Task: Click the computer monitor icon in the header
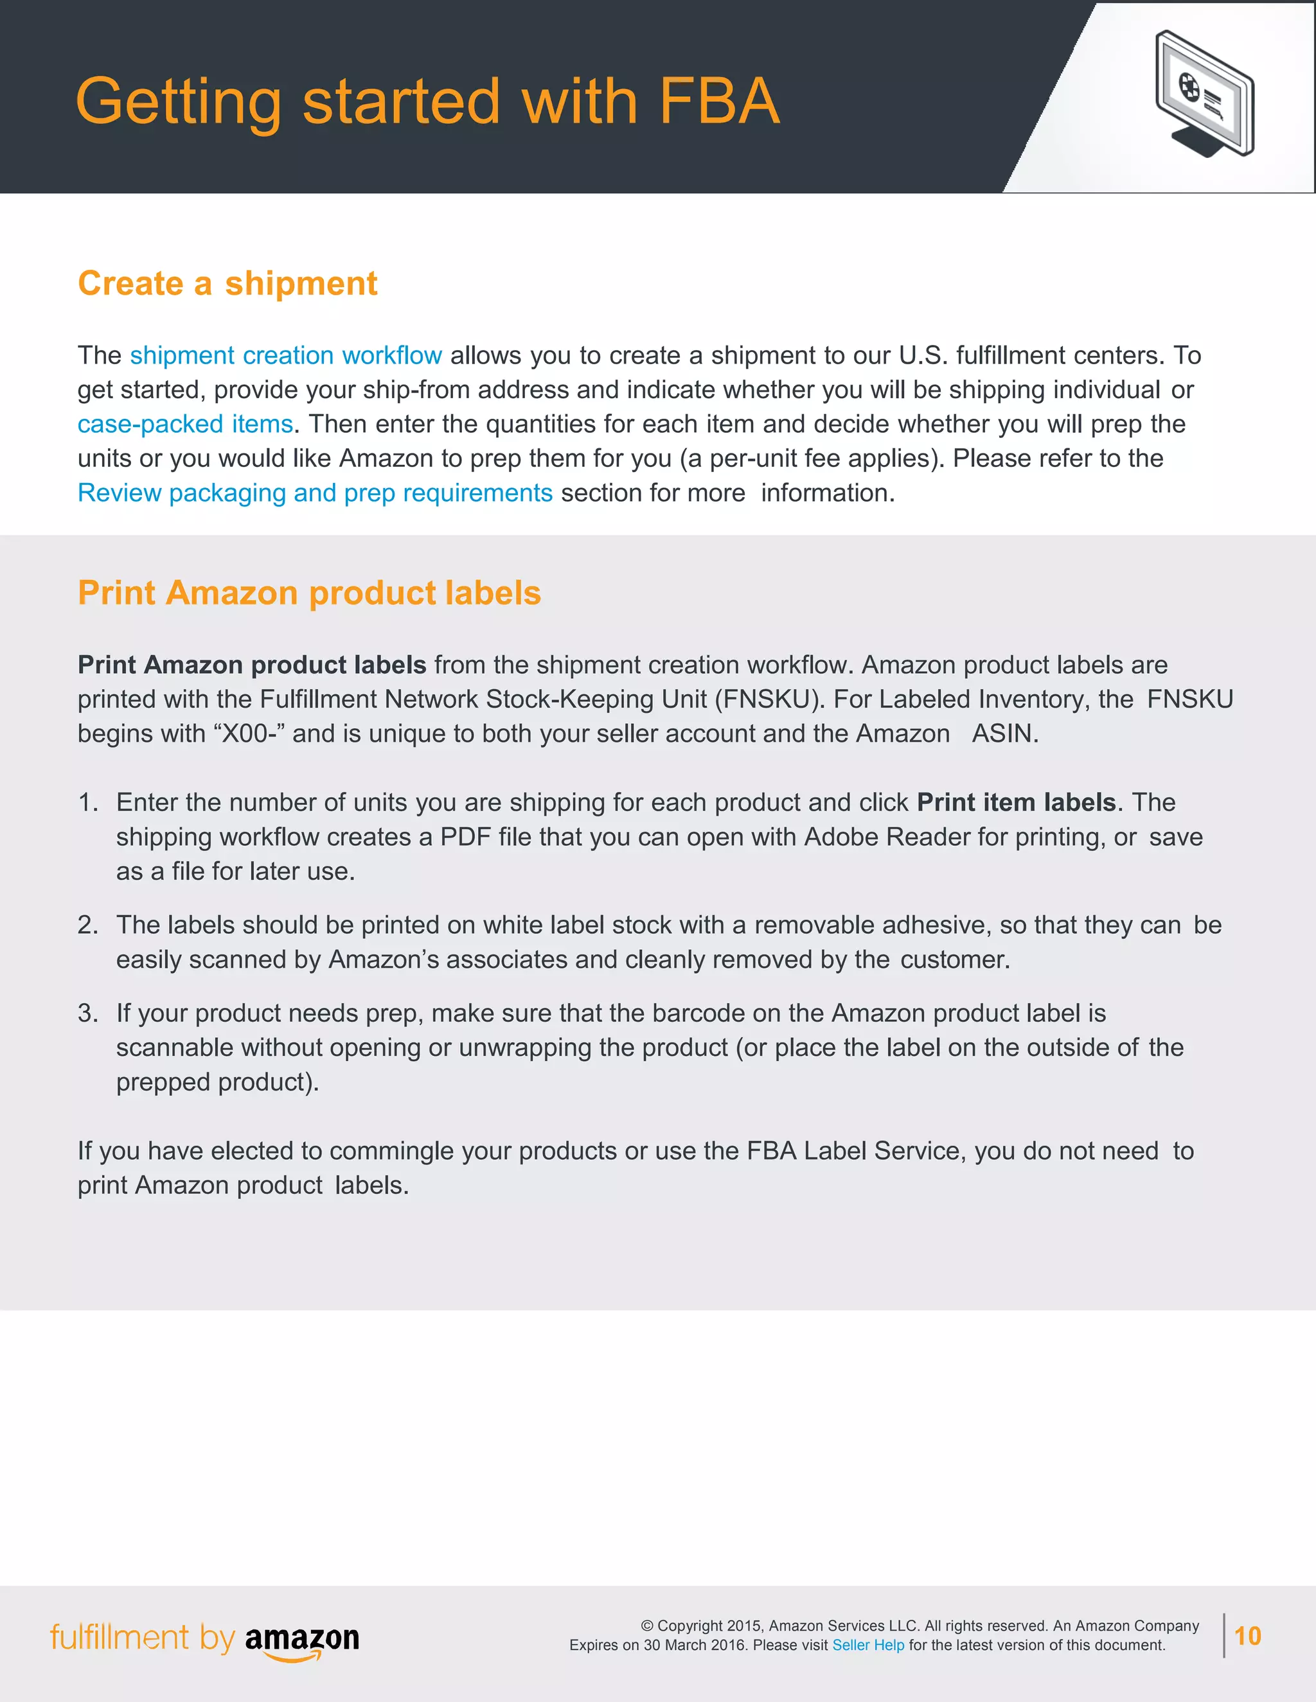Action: click(1205, 94)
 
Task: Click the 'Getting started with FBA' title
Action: click(427, 101)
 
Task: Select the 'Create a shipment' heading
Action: click(227, 284)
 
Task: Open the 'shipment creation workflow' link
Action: click(285, 355)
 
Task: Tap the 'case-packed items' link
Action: click(185, 424)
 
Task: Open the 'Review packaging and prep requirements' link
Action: click(315, 493)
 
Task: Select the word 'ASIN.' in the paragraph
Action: click(1004, 734)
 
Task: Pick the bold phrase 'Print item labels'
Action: click(1016, 803)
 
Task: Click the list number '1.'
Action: click(88, 803)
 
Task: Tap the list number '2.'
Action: click(88, 925)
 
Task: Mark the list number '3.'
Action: click(88, 1013)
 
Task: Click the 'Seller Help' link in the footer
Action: click(867, 1645)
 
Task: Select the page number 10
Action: click(1247, 1636)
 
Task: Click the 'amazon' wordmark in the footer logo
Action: click(302, 1638)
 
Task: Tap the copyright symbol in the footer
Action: click(647, 1626)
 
